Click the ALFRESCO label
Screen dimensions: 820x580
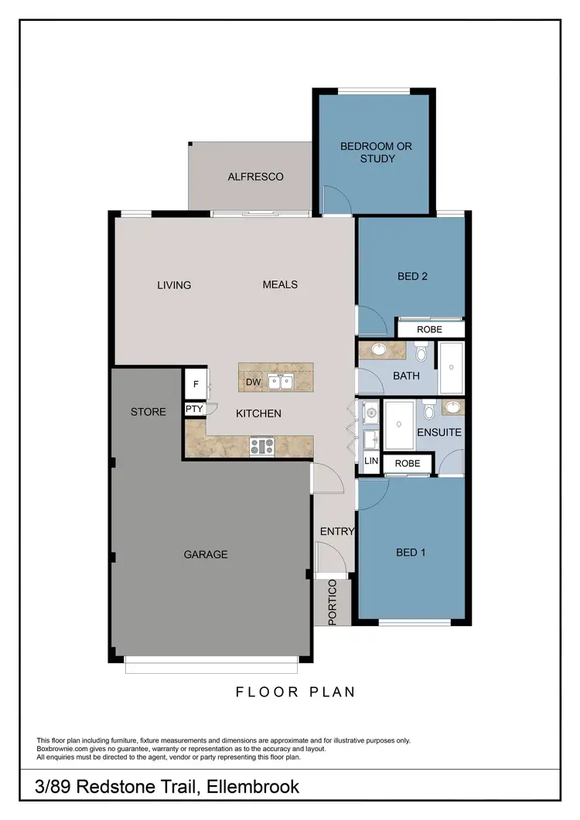click(255, 177)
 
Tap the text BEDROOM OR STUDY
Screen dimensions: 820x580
click(377, 152)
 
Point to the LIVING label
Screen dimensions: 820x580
click(174, 285)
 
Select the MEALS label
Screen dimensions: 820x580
click(280, 284)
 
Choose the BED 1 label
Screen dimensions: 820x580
click(411, 553)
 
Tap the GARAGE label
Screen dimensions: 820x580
click(206, 554)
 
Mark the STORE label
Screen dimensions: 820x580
click(148, 412)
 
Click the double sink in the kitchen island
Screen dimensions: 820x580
click(279, 381)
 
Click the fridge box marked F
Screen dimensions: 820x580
click(195, 384)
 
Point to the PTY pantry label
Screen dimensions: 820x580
click(193, 409)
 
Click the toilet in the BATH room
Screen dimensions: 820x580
click(421, 355)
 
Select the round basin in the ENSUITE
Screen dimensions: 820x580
click(453, 407)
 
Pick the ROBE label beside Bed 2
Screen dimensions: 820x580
click(429, 329)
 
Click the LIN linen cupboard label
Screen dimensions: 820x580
click(371, 461)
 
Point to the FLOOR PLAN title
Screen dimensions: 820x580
click(295, 692)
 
